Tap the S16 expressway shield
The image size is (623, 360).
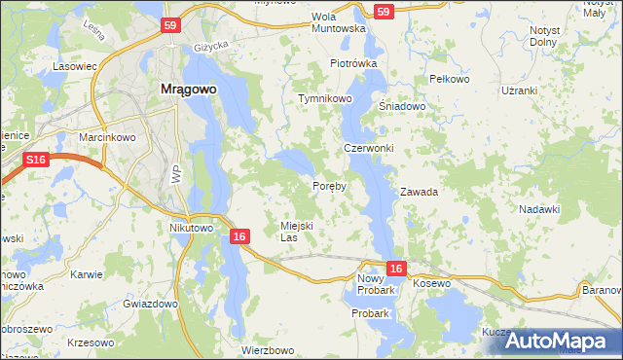tap(37, 160)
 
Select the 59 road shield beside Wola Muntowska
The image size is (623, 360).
tap(383, 12)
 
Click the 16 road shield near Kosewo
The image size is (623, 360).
tap(395, 268)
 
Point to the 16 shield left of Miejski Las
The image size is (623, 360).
tap(239, 236)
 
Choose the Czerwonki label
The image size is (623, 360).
tap(369, 148)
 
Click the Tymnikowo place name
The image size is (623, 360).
tap(324, 99)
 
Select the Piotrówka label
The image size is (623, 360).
tap(352, 63)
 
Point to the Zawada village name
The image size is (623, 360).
tap(420, 193)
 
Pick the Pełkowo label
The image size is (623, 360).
tap(449, 79)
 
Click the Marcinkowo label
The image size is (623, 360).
tap(106, 137)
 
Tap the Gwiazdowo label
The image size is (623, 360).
tap(150, 304)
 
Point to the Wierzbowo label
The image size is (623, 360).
tap(268, 350)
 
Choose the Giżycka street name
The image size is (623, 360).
tap(209, 45)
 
